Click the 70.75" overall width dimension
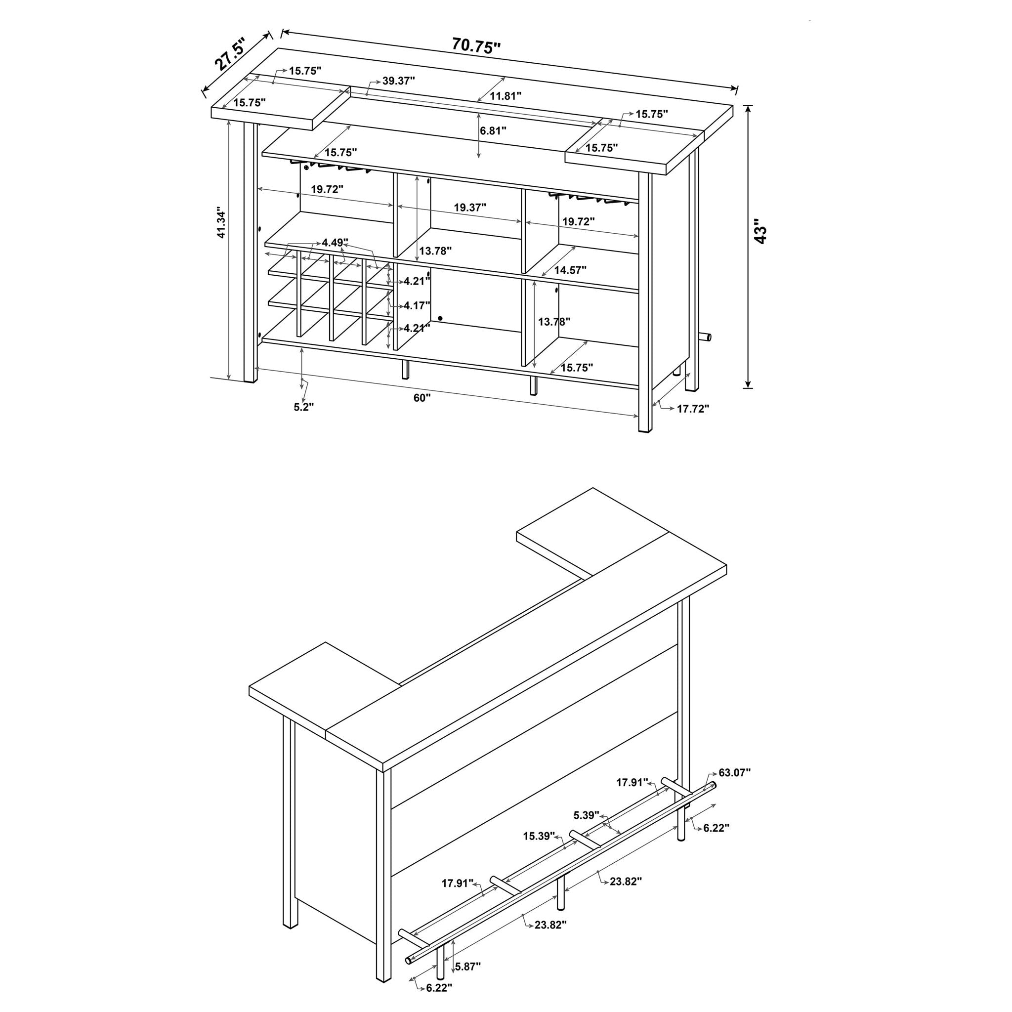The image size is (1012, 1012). click(x=476, y=46)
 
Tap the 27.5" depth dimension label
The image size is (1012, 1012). click(x=230, y=54)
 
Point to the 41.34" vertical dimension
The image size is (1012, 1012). click(x=221, y=224)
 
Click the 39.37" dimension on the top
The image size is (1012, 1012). click(x=398, y=81)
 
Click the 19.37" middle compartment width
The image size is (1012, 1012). click(x=470, y=208)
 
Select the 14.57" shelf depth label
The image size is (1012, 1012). click(x=570, y=270)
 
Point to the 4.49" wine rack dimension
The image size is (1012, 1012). click(x=335, y=242)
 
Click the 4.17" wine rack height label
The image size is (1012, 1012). click(x=417, y=305)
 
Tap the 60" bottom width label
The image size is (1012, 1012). click(x=422, y=398)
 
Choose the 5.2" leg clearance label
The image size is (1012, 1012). click(x=304, y=407)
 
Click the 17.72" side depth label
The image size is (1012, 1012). click(x=693, y=408)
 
